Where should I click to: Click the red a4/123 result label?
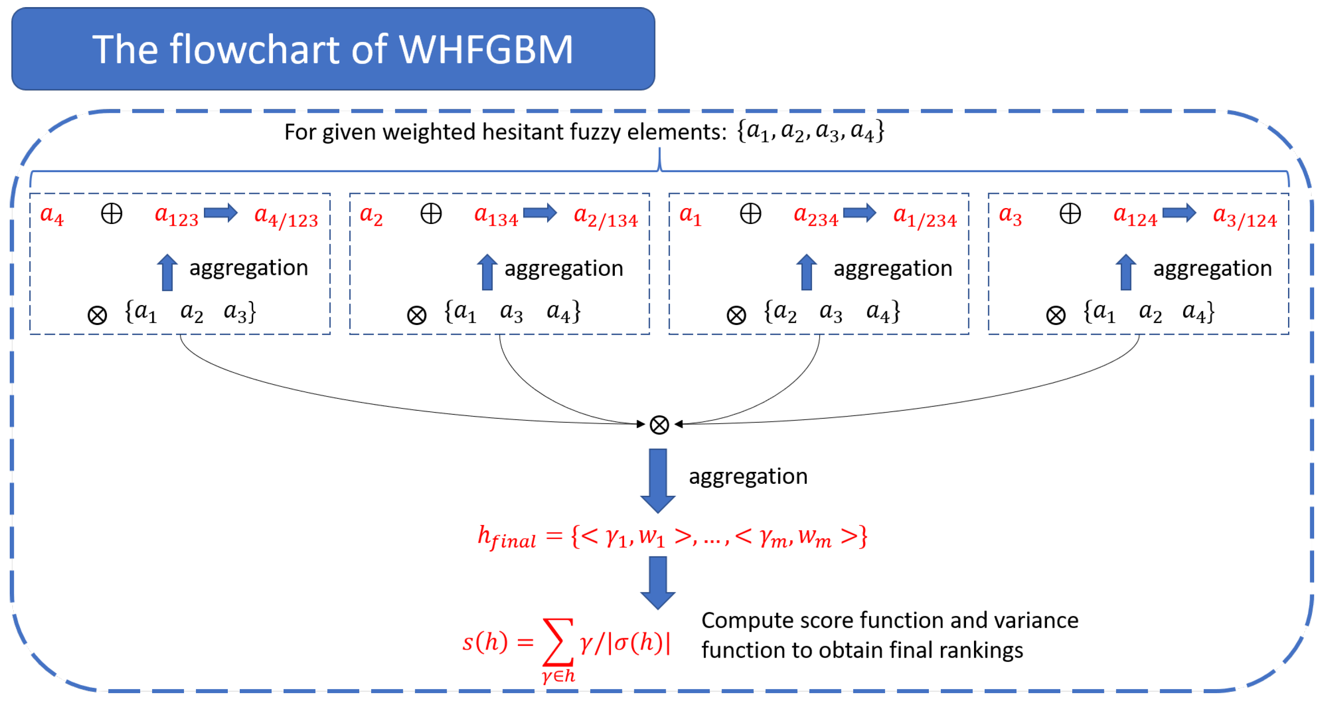point(286,217)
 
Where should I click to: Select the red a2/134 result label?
point(606,217)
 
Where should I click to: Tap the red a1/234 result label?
point(925,217)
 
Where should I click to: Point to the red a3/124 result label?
point(1245,217)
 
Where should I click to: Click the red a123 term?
point(176,216)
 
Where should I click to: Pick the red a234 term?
point(816,216)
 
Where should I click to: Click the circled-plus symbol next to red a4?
point(111,213)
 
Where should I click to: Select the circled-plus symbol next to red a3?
point(1070,213)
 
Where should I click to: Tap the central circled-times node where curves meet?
point(660,425)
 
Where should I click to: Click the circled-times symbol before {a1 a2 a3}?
point(97,315)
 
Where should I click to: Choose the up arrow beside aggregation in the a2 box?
point(487,272)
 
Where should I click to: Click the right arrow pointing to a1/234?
point(860,213)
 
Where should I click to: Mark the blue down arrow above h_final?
point(658,481)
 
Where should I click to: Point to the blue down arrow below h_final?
point(658,583)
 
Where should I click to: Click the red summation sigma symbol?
point(558,642)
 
